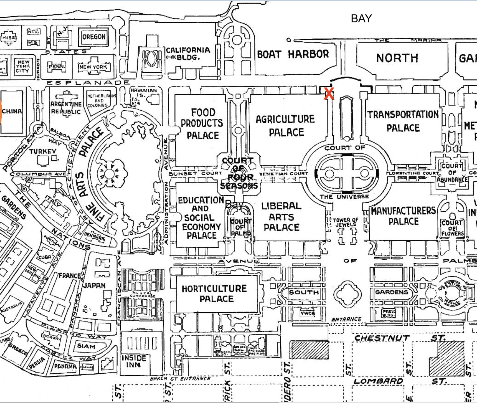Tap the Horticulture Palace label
point(215,294)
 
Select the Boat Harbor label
point(293,54)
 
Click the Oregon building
point(94,37)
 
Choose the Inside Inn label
point(134,361)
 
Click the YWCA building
point(307,313)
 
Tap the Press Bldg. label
point(389,313)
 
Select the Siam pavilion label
point(86,346)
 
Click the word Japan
point(94,285)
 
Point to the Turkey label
point(43,151)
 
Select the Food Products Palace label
point(202,124)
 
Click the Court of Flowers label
point(452,228)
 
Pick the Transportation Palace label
point(403,121)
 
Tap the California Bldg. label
point(188,53)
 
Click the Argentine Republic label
point(66,108)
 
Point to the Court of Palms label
point(240,227)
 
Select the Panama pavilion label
point(65,366)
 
